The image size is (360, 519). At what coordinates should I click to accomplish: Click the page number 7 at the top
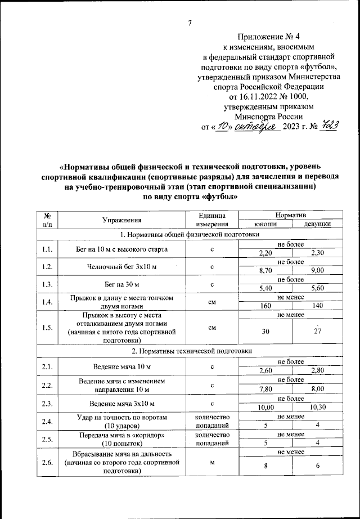pos(190,23)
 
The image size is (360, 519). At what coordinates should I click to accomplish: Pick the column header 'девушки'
pos(317,223)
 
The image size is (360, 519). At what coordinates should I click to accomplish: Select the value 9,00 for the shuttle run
pos(318,270)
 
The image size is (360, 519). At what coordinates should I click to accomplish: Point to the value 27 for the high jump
pos(318,331)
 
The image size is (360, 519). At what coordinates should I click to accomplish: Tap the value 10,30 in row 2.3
pos(318,408)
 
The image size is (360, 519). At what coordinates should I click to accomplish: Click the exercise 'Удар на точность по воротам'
pos(121,417)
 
